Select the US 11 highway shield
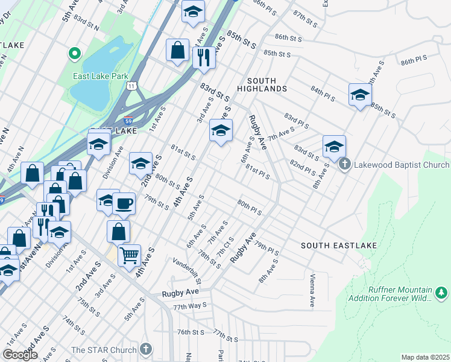click(x=131, y=87)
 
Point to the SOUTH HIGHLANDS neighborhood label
click(x=266, y=84)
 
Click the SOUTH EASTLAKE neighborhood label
click(x=339, y=246)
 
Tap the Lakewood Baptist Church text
click(x=402, y=165)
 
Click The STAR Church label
click(x=104, y=349)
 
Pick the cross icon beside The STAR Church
click(x=145, y=349)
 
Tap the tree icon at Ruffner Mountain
click(x=442, y=293)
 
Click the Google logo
click(x=20, y=355)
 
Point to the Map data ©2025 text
click(x=425, y=357)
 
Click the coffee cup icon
click(x=124, y=203)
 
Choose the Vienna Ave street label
click(x=312, y=290)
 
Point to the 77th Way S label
click(x=190, y=306)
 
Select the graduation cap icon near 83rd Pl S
click(x=334, y=146)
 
